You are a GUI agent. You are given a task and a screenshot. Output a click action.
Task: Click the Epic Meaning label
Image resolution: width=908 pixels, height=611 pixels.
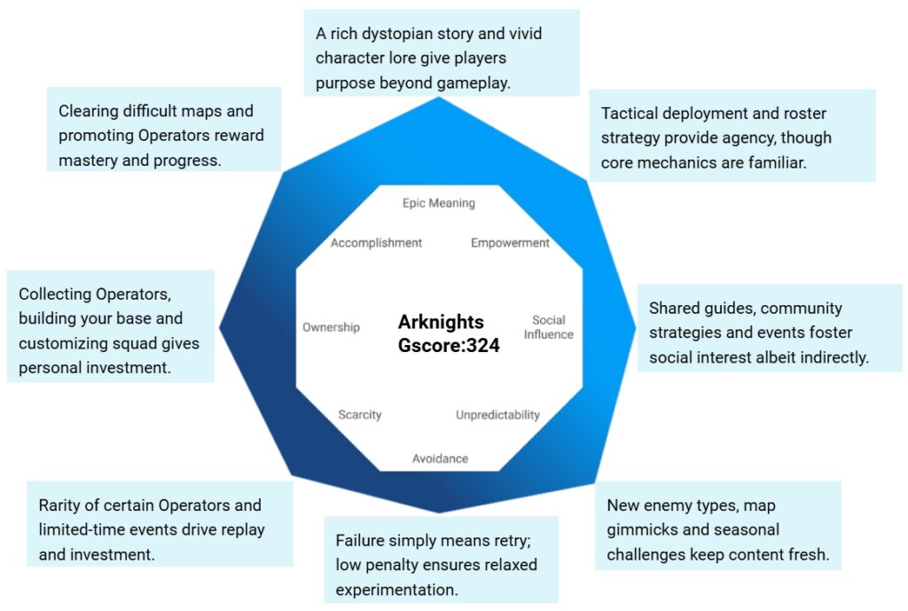pos(438,203)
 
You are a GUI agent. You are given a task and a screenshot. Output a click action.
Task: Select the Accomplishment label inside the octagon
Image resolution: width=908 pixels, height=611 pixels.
pos(376,243)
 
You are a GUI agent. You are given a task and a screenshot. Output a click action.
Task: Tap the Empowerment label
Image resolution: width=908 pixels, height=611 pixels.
pos(510,243)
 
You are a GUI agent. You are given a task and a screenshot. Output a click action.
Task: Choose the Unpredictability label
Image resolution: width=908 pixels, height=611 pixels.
pos(497,415)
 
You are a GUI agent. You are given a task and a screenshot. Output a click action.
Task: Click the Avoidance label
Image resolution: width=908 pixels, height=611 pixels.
pos(440,458)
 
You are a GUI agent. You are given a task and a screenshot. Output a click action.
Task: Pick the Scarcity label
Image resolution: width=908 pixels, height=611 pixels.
pos(359,415)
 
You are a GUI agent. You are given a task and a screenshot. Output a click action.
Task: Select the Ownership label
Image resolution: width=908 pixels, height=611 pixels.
pos(331,327)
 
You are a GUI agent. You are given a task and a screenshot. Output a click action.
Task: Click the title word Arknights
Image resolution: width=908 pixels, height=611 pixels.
pos(441,322)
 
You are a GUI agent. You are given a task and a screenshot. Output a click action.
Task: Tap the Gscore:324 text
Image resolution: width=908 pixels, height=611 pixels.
pos(449,346)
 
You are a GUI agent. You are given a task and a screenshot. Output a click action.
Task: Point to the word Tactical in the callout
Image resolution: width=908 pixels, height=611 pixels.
pos(630,114)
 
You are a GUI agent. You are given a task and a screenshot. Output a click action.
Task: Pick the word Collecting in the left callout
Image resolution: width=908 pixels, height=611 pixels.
pos(57,294)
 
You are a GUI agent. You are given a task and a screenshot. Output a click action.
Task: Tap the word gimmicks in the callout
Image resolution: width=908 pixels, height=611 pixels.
pos(636,530)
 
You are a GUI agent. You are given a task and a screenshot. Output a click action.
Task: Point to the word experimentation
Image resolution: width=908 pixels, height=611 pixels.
pos(395,590)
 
